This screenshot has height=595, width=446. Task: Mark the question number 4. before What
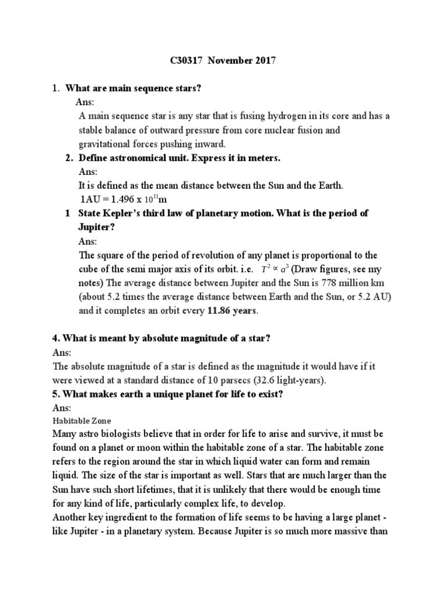point(56,339)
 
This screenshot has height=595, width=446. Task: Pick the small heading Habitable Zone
point(81,421)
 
